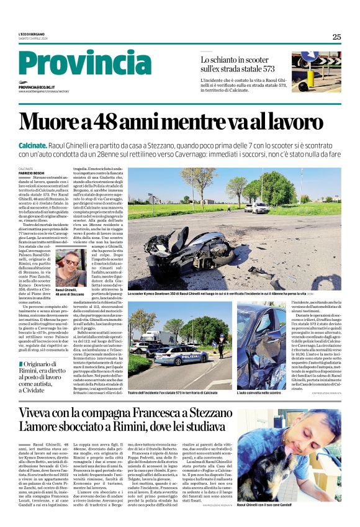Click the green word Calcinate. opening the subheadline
pyautogui.click(x=37, y=144)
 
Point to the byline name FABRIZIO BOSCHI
pyautogui.click(x=31, y=173)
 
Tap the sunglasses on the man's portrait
pyautogui.click(x=70, y=262)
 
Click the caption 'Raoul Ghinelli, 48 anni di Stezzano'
pyautogui.click(x=70, y=292)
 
